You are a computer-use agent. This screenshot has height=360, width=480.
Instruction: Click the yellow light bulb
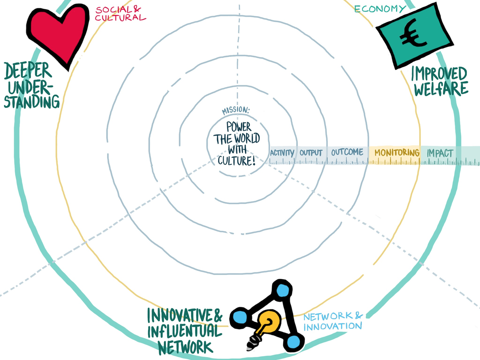click(268, 322)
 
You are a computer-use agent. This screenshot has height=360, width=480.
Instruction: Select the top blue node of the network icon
click(282, 290)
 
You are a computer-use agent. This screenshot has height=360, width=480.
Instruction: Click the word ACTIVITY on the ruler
click(282, 153)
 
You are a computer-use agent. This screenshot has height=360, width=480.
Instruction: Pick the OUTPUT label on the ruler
click(311, 153)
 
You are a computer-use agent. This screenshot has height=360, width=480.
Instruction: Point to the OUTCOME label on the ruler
click(347, 152)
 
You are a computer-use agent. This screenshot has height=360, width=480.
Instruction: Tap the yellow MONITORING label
click(397, 153)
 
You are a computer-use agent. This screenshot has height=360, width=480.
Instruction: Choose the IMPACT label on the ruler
click(440, 153)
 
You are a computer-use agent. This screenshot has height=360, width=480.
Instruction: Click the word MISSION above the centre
click(236, 110)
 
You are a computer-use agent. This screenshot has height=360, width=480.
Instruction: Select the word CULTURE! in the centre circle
click(237, 161)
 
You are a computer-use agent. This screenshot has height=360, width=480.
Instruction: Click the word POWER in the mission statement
click(239, 127)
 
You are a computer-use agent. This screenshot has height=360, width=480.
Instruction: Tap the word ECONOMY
click(380, 9)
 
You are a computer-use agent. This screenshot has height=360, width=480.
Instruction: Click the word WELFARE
click(441, 89)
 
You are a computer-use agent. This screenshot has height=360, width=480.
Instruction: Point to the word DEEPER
click(28, 71)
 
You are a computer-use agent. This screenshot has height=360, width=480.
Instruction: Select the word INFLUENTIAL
click(185, 331)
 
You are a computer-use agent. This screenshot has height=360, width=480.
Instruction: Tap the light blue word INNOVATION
click(333, 326)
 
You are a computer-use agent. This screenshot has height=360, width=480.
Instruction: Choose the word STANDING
click(32, 102)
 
